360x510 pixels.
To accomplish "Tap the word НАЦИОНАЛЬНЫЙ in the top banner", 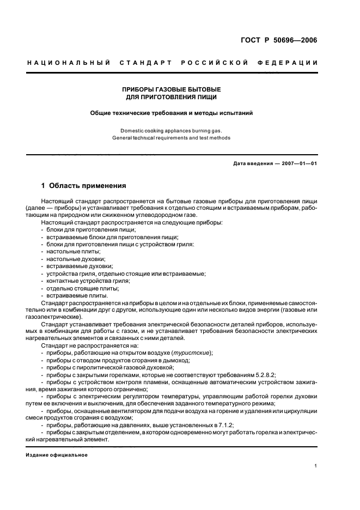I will pos(69,63).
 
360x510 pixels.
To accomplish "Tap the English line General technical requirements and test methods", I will pos(171,138).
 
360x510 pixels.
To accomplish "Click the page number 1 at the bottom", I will pos(316,466).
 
